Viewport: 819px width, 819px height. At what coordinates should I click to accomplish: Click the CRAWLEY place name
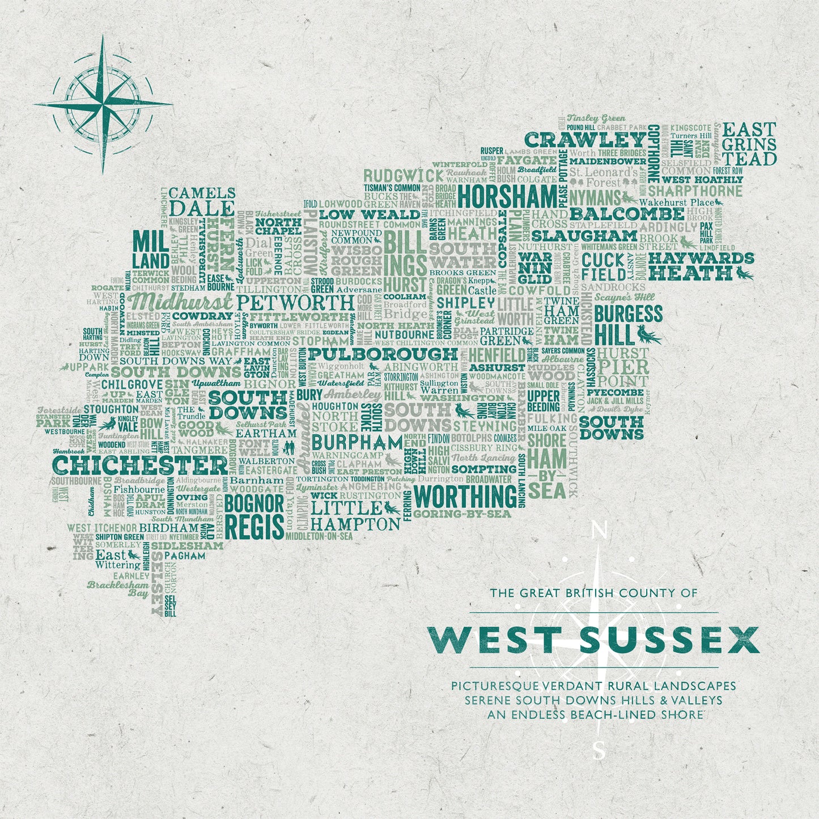(585, 139)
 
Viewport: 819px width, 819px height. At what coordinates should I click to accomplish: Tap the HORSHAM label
(507, 197)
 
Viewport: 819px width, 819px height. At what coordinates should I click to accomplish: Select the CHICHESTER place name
(140, 466)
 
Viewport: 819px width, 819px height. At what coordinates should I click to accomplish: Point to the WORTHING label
(465, 497)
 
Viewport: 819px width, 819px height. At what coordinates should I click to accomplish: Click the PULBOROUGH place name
(383, 354)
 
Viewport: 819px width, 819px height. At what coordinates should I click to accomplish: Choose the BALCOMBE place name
(627, 214)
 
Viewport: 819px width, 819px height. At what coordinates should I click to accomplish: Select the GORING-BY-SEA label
(462, 514)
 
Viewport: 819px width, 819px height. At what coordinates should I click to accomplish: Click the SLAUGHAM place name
(584, 235)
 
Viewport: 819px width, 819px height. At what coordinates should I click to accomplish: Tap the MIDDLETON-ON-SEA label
(319, 536)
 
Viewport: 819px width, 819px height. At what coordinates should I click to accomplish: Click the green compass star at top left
(103, 104)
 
